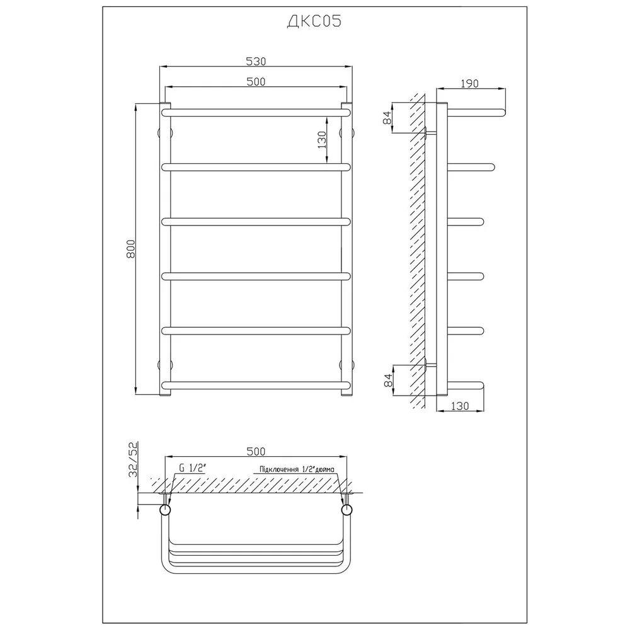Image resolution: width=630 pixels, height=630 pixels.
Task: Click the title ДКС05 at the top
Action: click(x=314, y=21)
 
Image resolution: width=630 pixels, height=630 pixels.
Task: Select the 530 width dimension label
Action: click(x=256, y=61)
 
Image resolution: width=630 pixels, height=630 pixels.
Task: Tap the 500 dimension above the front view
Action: click(x=256, y=81)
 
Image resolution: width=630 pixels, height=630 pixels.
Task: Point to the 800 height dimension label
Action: click(x=130, y=249)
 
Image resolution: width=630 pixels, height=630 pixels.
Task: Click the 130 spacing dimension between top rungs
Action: click(x=322, y=140)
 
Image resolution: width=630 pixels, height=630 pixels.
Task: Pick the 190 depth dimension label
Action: click(x=469, y=83)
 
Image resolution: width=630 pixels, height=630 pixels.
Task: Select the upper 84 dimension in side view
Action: click(x=387, y=117)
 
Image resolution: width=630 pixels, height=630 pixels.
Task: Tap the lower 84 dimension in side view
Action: click(x=387, y=380)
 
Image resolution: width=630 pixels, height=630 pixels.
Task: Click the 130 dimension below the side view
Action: click(x=460, y=406)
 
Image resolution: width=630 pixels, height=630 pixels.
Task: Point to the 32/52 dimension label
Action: click(x=133, y=459)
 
